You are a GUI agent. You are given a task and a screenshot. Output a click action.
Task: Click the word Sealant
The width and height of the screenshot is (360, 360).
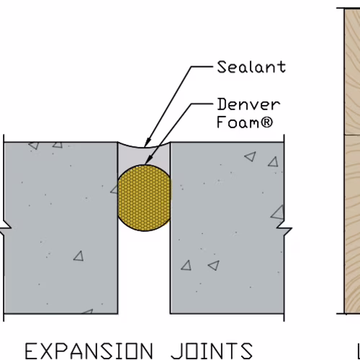pos(251,67)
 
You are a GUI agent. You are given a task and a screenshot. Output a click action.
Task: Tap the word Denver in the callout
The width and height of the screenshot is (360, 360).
pos(248,104)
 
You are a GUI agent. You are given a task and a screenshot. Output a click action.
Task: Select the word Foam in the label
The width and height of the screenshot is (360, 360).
pos(238,122)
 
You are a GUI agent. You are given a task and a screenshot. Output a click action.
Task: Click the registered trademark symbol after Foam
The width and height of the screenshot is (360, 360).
pos(266,122)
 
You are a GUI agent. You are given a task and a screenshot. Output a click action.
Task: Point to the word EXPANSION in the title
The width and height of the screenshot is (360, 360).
pos(89,351)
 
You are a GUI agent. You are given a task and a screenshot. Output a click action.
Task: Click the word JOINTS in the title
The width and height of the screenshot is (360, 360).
pos(212,351)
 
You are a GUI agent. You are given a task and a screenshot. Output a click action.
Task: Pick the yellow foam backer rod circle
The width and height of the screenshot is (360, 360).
pos(144,198)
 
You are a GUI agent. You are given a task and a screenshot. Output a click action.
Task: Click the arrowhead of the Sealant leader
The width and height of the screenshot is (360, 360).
pos(148,142)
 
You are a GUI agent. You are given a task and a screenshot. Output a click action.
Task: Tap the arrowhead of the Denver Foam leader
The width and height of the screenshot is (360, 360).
pos(148,160)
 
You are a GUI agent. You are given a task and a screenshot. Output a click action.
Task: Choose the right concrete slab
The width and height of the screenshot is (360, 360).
pos(227,228)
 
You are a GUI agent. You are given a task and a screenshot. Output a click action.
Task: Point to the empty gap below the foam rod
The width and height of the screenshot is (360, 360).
pos(144,274)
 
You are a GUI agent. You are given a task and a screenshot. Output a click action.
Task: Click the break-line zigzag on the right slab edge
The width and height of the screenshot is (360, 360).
pos(284,228)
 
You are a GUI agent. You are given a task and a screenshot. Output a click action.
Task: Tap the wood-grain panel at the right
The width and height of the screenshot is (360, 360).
pos(352,161)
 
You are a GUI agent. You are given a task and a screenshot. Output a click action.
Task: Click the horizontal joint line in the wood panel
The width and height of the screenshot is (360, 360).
pos(352,135)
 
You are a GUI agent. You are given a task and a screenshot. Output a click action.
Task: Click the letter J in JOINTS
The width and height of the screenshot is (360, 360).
pos(176,351)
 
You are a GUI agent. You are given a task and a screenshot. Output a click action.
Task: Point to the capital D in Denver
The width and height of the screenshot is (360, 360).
pos(222,104)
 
